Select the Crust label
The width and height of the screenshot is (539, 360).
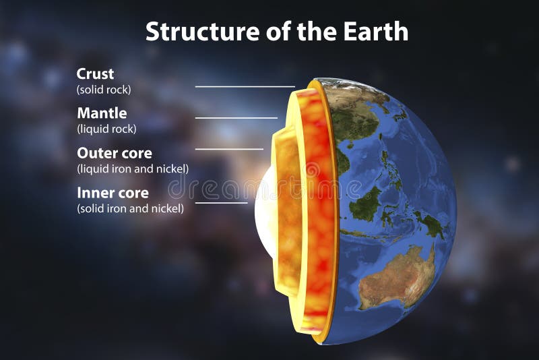tap(96, 73)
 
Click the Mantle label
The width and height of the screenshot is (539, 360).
tap(102, 113)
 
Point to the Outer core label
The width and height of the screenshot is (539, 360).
tap(115, 153)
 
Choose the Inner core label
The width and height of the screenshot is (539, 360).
tap(113, 193)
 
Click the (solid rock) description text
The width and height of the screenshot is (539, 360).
tap(104, 89)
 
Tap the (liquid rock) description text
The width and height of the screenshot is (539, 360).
tap(106, 129)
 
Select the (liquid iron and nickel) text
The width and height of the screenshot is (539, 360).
tap(133, 169)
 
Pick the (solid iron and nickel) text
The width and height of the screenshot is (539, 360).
tap(130, 208)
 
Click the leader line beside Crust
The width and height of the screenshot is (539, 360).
tap(245, 86)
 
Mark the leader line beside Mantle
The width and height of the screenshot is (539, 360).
tap(236, 118)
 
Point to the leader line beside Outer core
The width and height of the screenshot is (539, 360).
tap(229, 149)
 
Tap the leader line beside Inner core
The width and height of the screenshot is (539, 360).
tap(221, 202)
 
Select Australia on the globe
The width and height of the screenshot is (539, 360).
tap(398, 276)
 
